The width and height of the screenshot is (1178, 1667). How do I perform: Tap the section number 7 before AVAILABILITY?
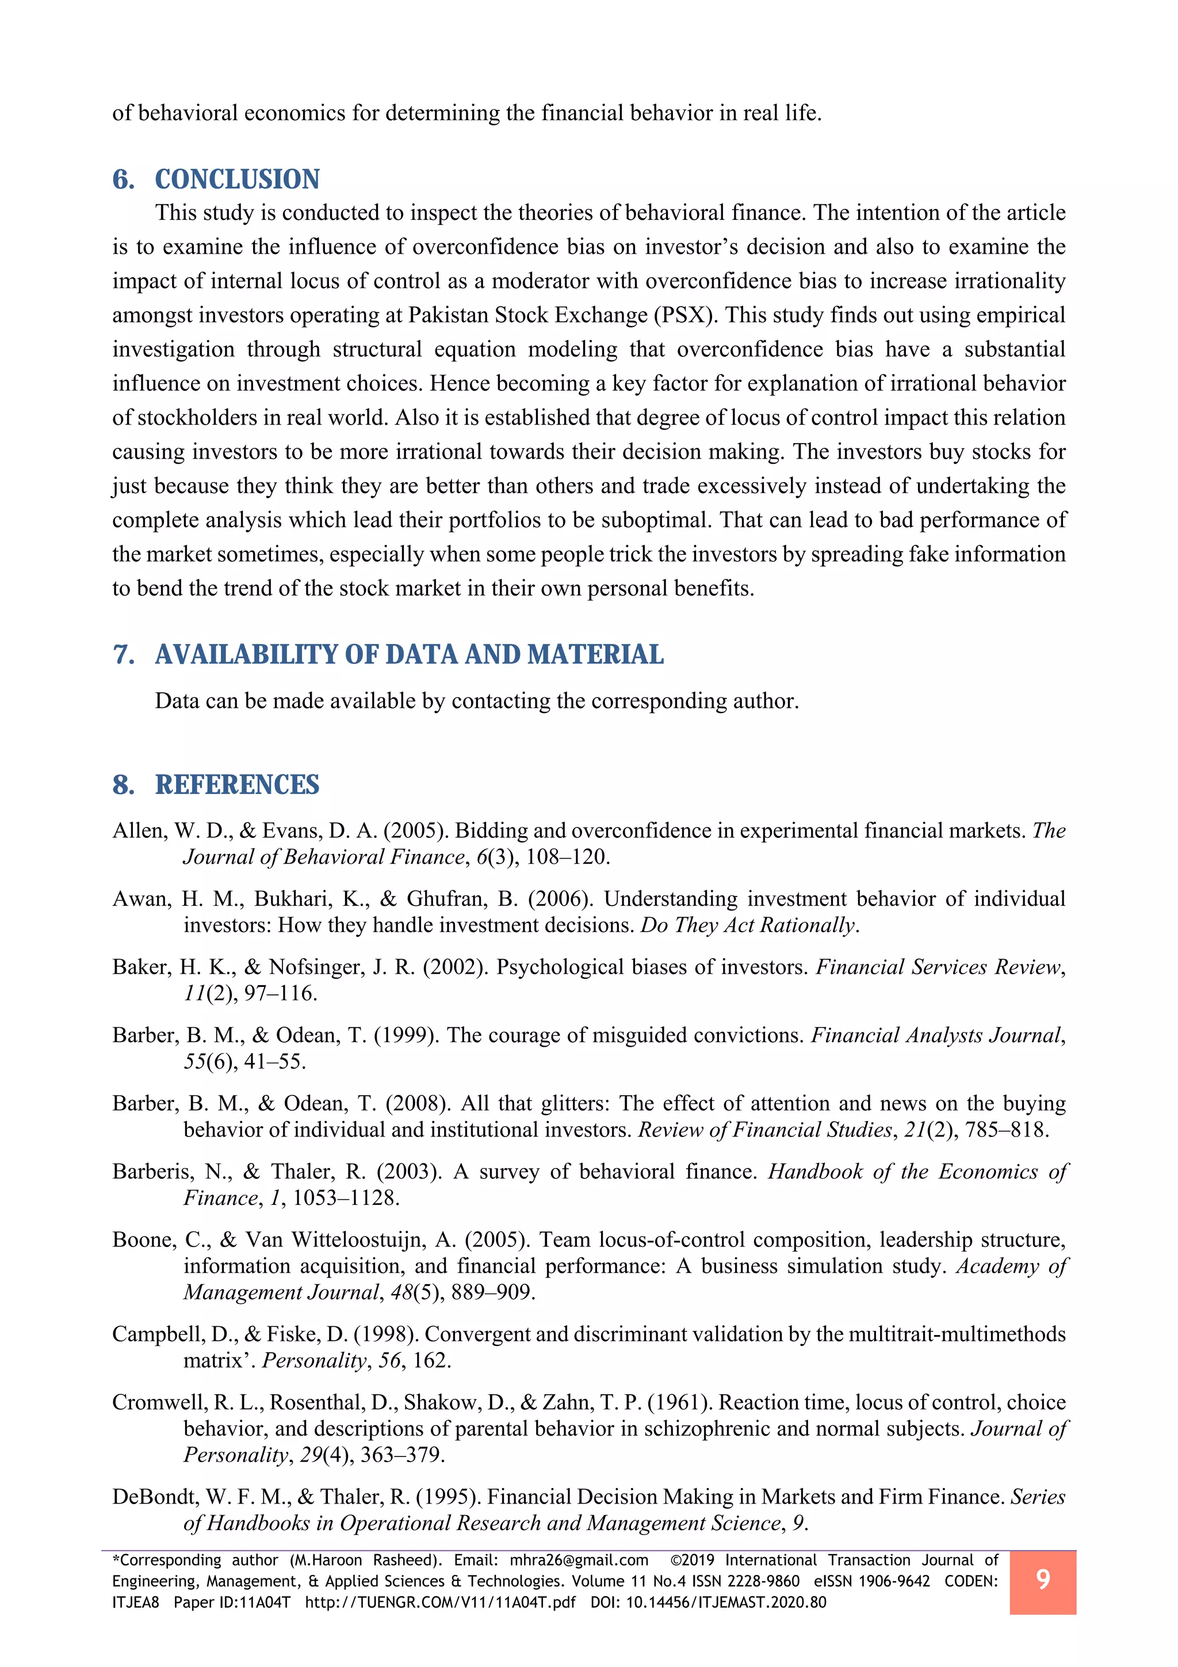[123, 654]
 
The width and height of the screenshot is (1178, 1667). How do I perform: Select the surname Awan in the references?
[140, 899]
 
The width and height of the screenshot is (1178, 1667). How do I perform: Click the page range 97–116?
[280, 993]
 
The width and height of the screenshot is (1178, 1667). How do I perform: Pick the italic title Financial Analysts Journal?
[936, 1035]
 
